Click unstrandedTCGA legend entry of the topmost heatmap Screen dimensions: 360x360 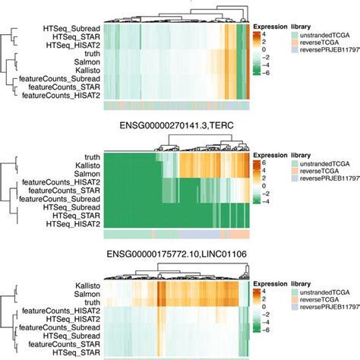pos(324,36)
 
